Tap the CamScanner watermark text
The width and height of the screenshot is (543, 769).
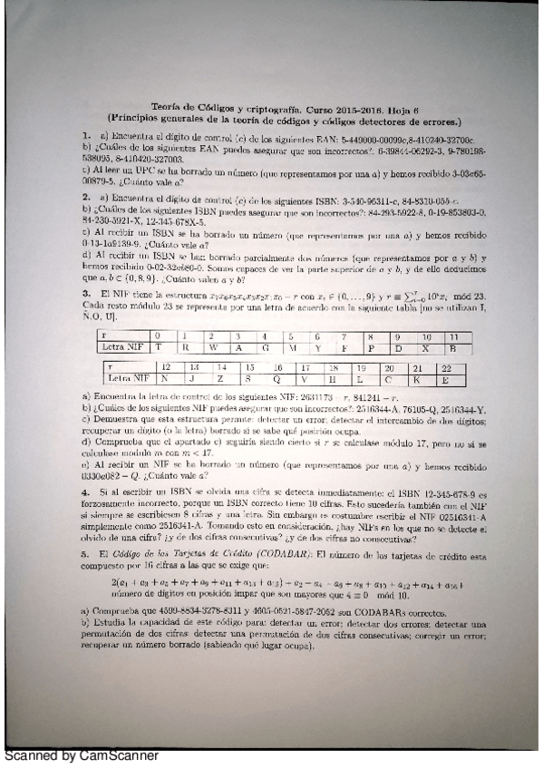82,754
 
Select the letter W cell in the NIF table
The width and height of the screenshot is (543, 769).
211,347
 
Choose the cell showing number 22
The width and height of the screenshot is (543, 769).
444,368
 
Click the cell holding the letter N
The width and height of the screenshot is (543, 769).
166,379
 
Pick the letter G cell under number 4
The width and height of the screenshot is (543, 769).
265,347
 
